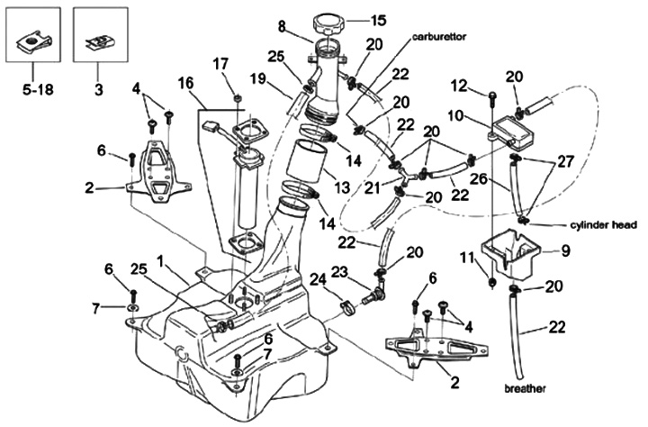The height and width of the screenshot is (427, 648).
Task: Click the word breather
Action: tap(526, 388)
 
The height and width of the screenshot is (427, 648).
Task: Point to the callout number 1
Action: tap(159, 260)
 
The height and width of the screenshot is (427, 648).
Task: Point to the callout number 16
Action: tap(185, 82)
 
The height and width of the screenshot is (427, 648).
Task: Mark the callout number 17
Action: tap(220, 62)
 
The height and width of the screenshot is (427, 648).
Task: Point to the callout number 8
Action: tap(282, 26)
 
